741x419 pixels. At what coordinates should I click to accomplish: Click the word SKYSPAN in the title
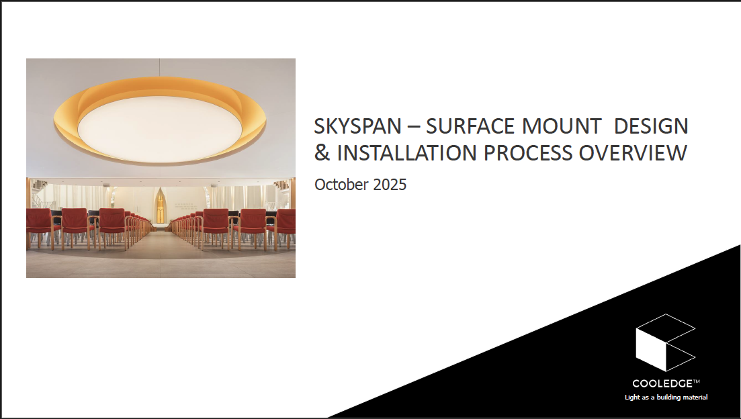click(x=358, y=127)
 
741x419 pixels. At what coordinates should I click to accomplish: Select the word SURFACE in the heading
click(x=470, y=127)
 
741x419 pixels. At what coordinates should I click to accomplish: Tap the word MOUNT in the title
click(x=562, y=127)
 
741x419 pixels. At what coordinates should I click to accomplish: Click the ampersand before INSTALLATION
click(x=322, y=153)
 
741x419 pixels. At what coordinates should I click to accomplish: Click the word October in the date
click(x=341, y=184)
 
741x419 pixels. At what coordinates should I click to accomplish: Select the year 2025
click(x=390, y=184)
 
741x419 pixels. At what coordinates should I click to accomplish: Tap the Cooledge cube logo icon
click(x=665, y=342)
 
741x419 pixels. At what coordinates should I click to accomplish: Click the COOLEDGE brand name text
click(x=662, y=383)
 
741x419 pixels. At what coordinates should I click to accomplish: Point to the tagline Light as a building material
click(x=666, y=398)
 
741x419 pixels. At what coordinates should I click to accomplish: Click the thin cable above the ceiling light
click(x=160, y=68)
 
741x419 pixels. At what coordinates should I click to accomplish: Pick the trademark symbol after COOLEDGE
click(x=697, y=381)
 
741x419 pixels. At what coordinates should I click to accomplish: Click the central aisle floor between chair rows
click(x=161, y=243)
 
